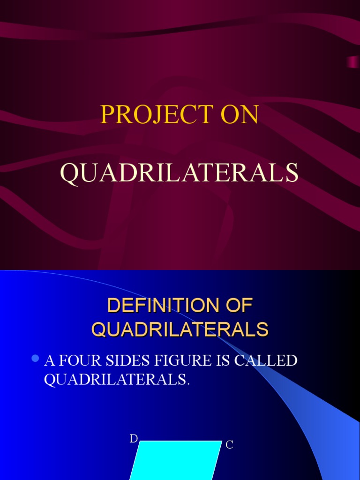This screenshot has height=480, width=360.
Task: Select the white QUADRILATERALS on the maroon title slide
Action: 180,173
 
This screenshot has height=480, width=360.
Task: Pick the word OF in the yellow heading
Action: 240,306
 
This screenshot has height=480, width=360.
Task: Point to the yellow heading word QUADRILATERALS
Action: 180,329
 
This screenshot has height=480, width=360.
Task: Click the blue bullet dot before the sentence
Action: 34,359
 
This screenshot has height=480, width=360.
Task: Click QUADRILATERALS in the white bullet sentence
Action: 115,380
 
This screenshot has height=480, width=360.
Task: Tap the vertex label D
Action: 134,439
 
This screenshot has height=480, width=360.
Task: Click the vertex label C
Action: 229,445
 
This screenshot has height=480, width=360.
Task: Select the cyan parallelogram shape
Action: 176,462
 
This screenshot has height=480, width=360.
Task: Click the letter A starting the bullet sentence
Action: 48,361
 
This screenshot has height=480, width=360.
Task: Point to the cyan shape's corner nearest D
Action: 140,441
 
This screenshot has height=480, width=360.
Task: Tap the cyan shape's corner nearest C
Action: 221,441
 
